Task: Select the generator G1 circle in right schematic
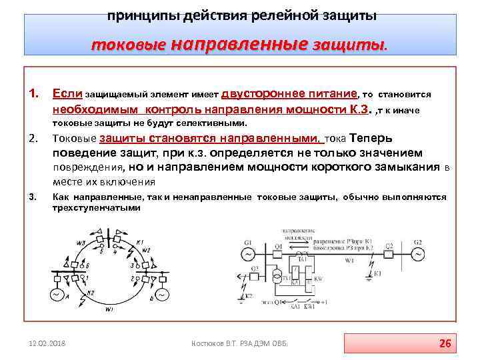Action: (x=247, y=254)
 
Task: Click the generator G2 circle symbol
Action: (x=418, y=254)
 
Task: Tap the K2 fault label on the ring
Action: (x=91, y=294)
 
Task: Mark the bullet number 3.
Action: (x=32, y=197)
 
